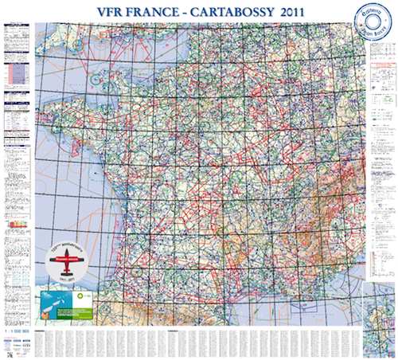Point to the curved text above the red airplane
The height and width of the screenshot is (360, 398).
point(72,248)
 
